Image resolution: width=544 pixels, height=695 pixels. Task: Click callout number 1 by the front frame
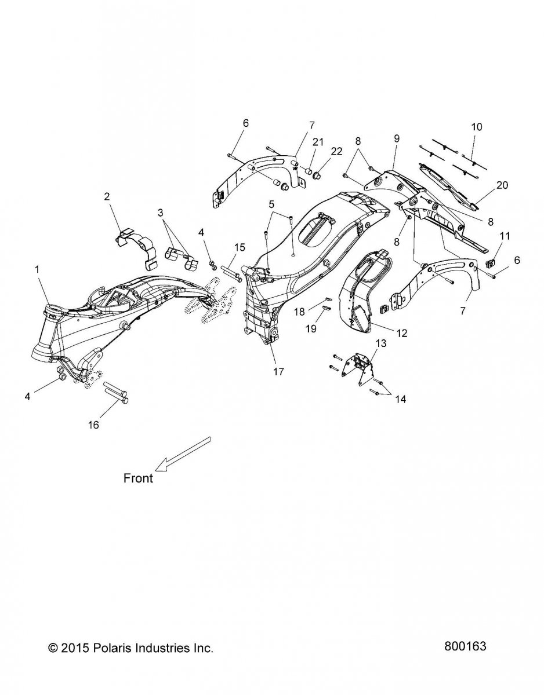[37, 270]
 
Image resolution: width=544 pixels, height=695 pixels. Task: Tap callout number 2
[107, 196]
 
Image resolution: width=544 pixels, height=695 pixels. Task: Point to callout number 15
[239, 247]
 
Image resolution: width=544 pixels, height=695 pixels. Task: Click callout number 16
[93, 425]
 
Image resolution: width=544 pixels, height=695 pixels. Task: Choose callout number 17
[278, 372]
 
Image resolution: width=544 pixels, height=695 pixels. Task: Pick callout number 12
[401, 333]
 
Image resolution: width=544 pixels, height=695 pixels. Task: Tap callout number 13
[381, 343]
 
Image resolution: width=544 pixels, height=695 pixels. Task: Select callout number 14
[401, 399]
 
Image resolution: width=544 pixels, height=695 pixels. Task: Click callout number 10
[477, 127]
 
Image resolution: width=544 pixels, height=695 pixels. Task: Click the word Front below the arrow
[139, 487]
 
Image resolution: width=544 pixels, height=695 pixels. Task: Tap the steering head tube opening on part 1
[52, 309]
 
